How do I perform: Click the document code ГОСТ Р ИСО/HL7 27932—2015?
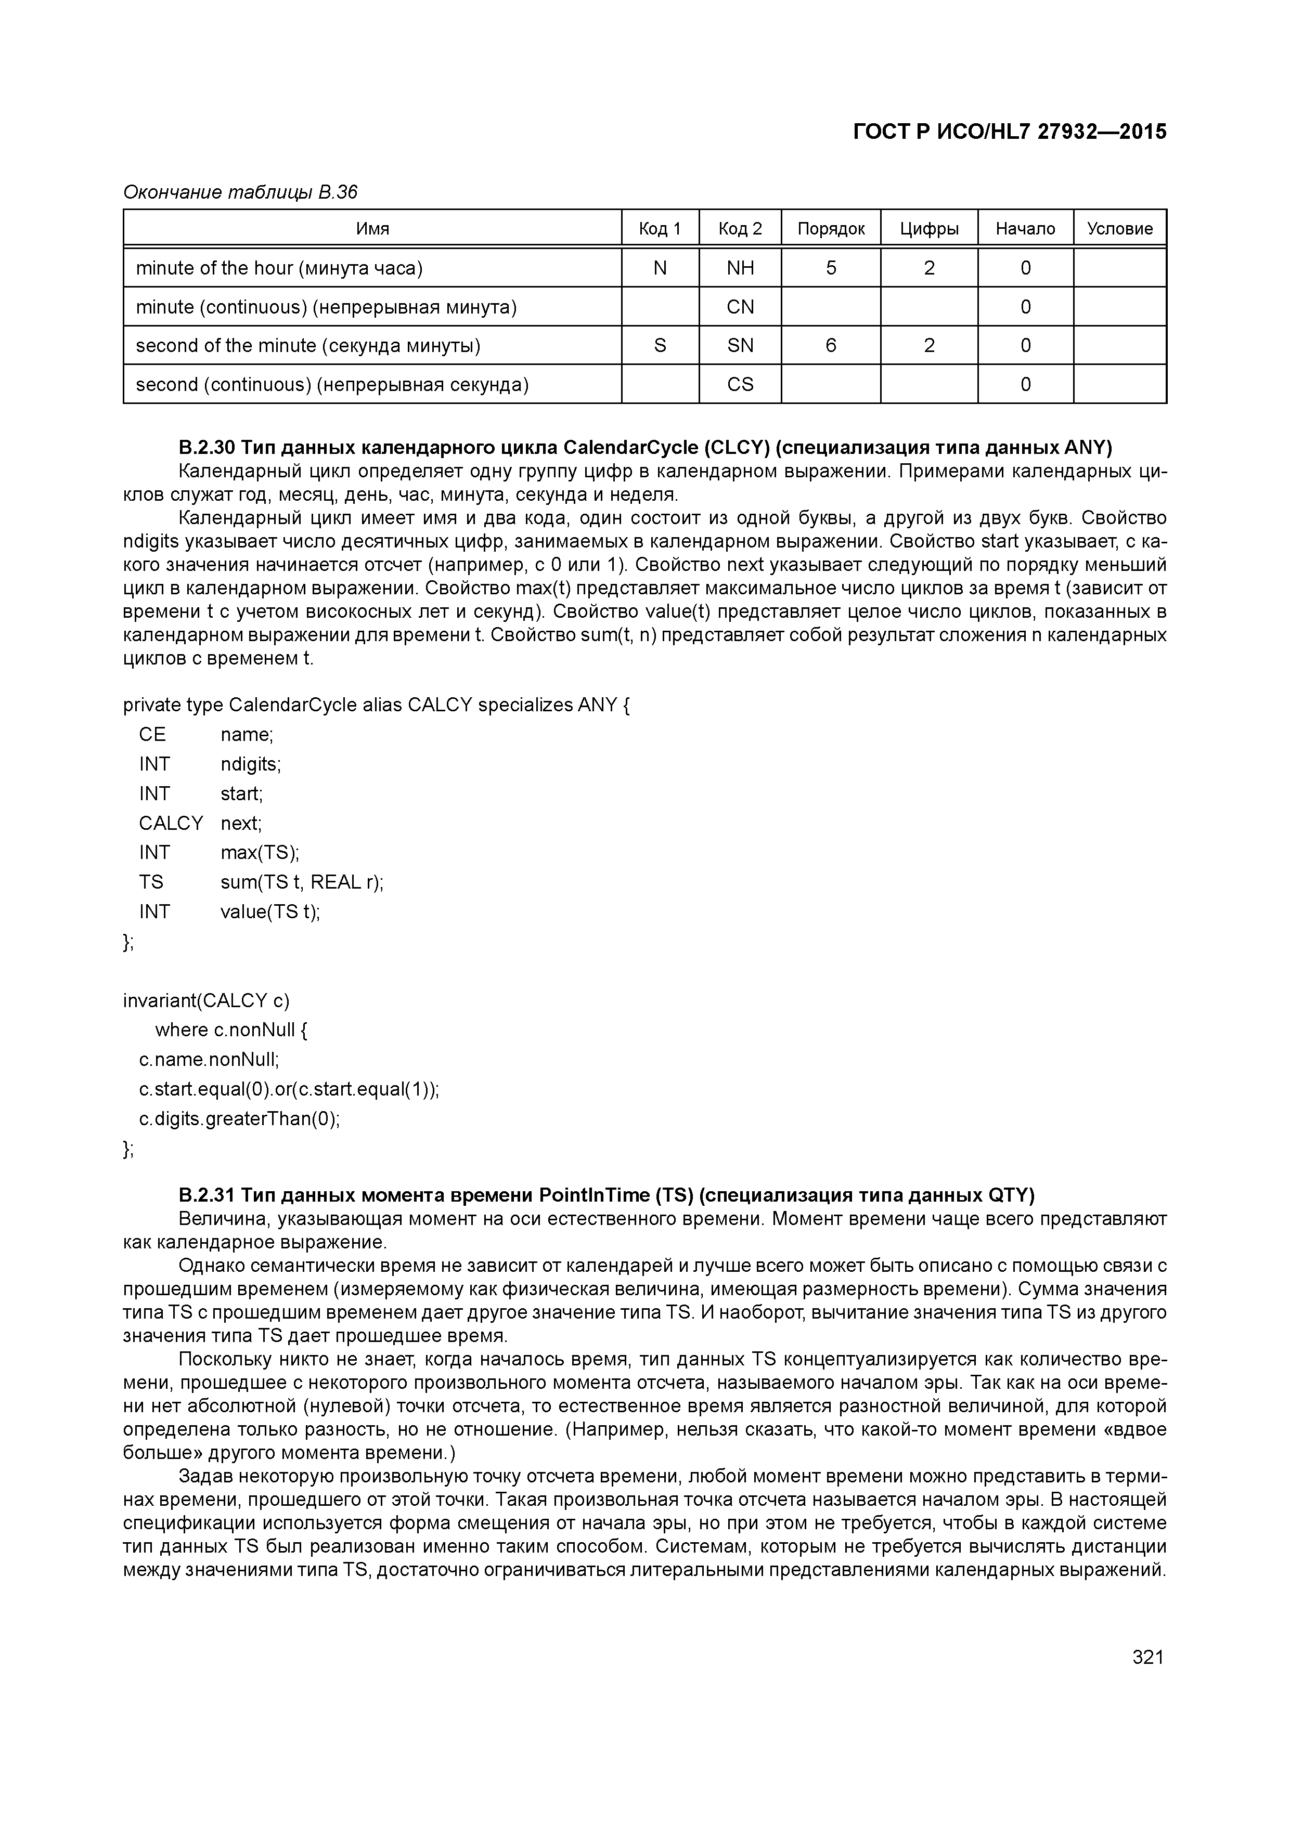pos(1010,132)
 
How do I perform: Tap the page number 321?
pos(1147,1657)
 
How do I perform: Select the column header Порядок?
pos(831,229)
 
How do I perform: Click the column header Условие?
pos(1119,229)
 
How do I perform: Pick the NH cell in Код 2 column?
pos(740,268)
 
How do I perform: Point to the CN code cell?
pos(740,307)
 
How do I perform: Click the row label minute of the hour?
pos(279,268)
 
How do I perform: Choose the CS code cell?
pos(740,384)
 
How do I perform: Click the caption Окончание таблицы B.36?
pos(240,192)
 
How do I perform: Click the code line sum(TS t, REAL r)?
pos(302,882)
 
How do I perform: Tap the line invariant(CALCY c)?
pos(207,1000)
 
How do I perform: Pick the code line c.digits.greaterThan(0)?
pos(239,1118)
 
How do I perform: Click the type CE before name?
pos(152,735)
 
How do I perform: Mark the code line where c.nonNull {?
pos(231,1031)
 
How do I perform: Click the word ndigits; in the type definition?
pos(250,764)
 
